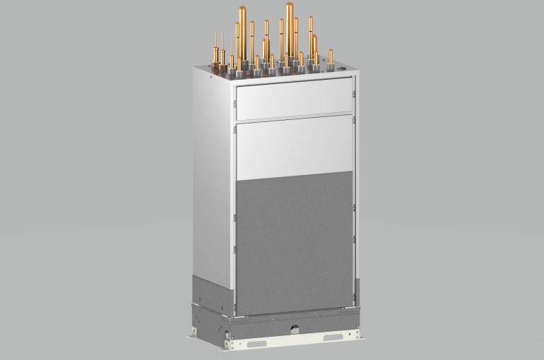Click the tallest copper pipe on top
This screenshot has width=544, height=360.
pos(290,28)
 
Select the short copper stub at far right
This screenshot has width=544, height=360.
pos(331,58)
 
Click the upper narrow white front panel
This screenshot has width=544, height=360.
pos(293,100)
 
